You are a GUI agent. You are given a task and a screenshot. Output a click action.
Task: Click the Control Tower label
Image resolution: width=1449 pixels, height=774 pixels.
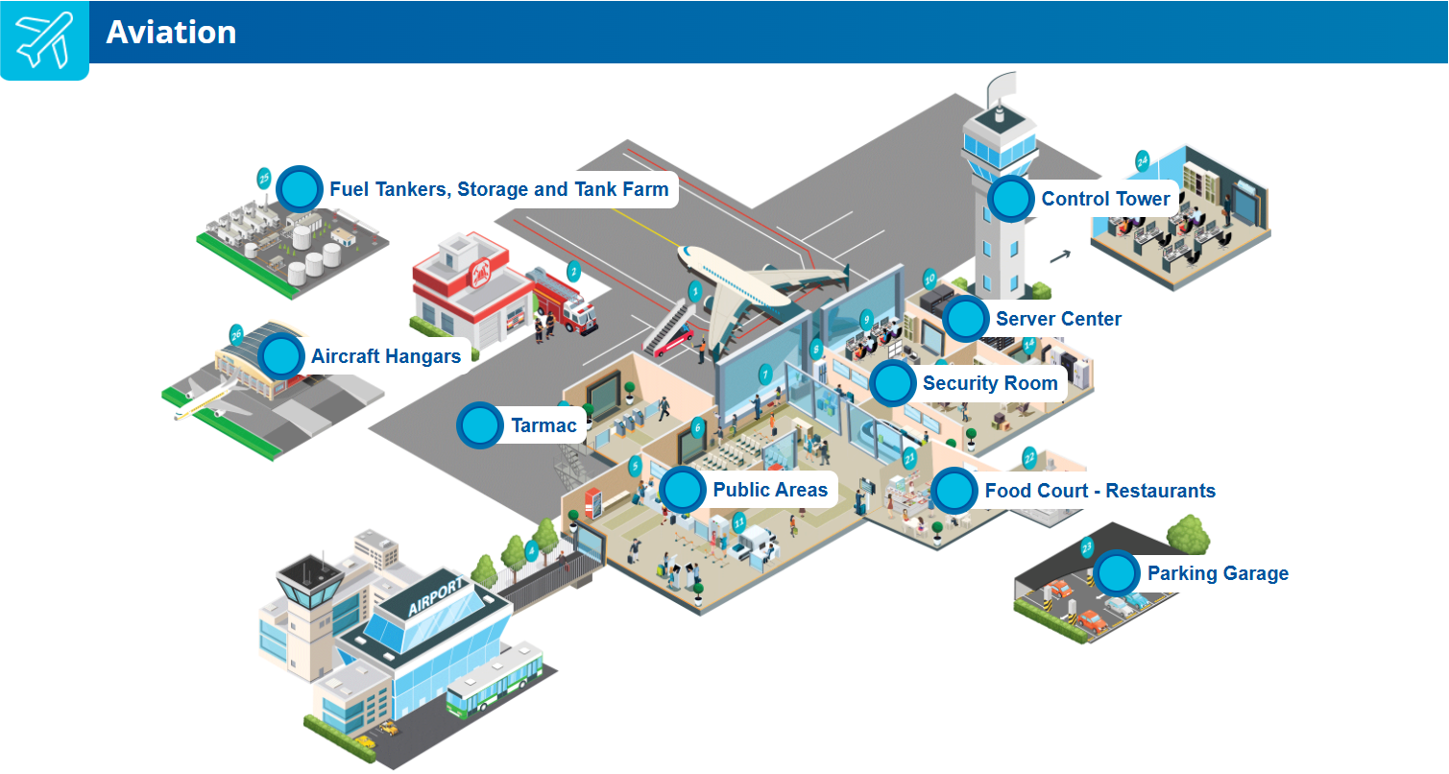click(x=1105, y=199)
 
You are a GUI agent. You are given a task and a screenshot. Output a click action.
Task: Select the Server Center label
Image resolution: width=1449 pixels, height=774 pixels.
click(x=1058, y=319)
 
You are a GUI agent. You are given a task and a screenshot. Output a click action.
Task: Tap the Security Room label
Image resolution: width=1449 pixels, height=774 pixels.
click(x=989, y=384)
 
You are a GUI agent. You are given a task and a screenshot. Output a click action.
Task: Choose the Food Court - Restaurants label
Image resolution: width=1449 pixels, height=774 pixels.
click(x=1099, y=491)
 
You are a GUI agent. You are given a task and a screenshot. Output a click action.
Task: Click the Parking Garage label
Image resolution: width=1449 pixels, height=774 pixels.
click(x=1218, y=573)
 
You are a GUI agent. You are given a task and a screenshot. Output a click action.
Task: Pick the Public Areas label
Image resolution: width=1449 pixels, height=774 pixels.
click(x=769, y=490)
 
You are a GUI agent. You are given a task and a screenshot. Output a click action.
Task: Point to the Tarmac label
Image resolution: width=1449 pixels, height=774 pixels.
click(x=543, y=425)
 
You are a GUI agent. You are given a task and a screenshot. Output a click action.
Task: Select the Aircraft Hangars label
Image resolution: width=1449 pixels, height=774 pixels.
click(x=386, y=356)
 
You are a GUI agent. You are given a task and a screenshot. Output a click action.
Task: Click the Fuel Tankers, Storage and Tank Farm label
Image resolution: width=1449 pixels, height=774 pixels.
click(x=498, y=189)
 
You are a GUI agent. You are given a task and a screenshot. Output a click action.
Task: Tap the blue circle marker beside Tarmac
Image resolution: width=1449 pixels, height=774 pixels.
click(x=479, y=425)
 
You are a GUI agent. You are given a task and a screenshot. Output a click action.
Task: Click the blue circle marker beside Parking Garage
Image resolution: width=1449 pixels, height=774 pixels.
click(x=1116, y=573)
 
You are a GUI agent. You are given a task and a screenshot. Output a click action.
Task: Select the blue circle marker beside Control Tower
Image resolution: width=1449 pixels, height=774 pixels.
click(x=1010, y=199)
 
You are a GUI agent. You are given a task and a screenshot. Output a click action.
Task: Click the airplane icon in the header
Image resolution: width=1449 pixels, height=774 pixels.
click(x=43, y=38)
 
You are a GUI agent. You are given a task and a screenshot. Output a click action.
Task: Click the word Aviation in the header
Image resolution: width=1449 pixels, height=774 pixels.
click(x=171, y=33)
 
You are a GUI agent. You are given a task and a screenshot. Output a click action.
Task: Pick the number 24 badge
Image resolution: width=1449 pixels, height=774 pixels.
click(x=1142, y=161)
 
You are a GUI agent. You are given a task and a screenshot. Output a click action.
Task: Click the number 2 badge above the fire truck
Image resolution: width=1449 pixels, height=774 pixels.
click(x=573, y=272)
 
